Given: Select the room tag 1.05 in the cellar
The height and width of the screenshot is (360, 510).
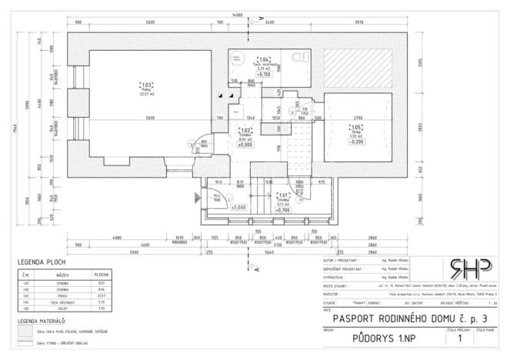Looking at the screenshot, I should click(x=356, y=128).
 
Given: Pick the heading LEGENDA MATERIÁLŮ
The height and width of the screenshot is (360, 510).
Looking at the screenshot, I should click(x=42, y=319).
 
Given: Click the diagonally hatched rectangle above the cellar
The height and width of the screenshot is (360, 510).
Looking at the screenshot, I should click(x=356, y=70).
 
